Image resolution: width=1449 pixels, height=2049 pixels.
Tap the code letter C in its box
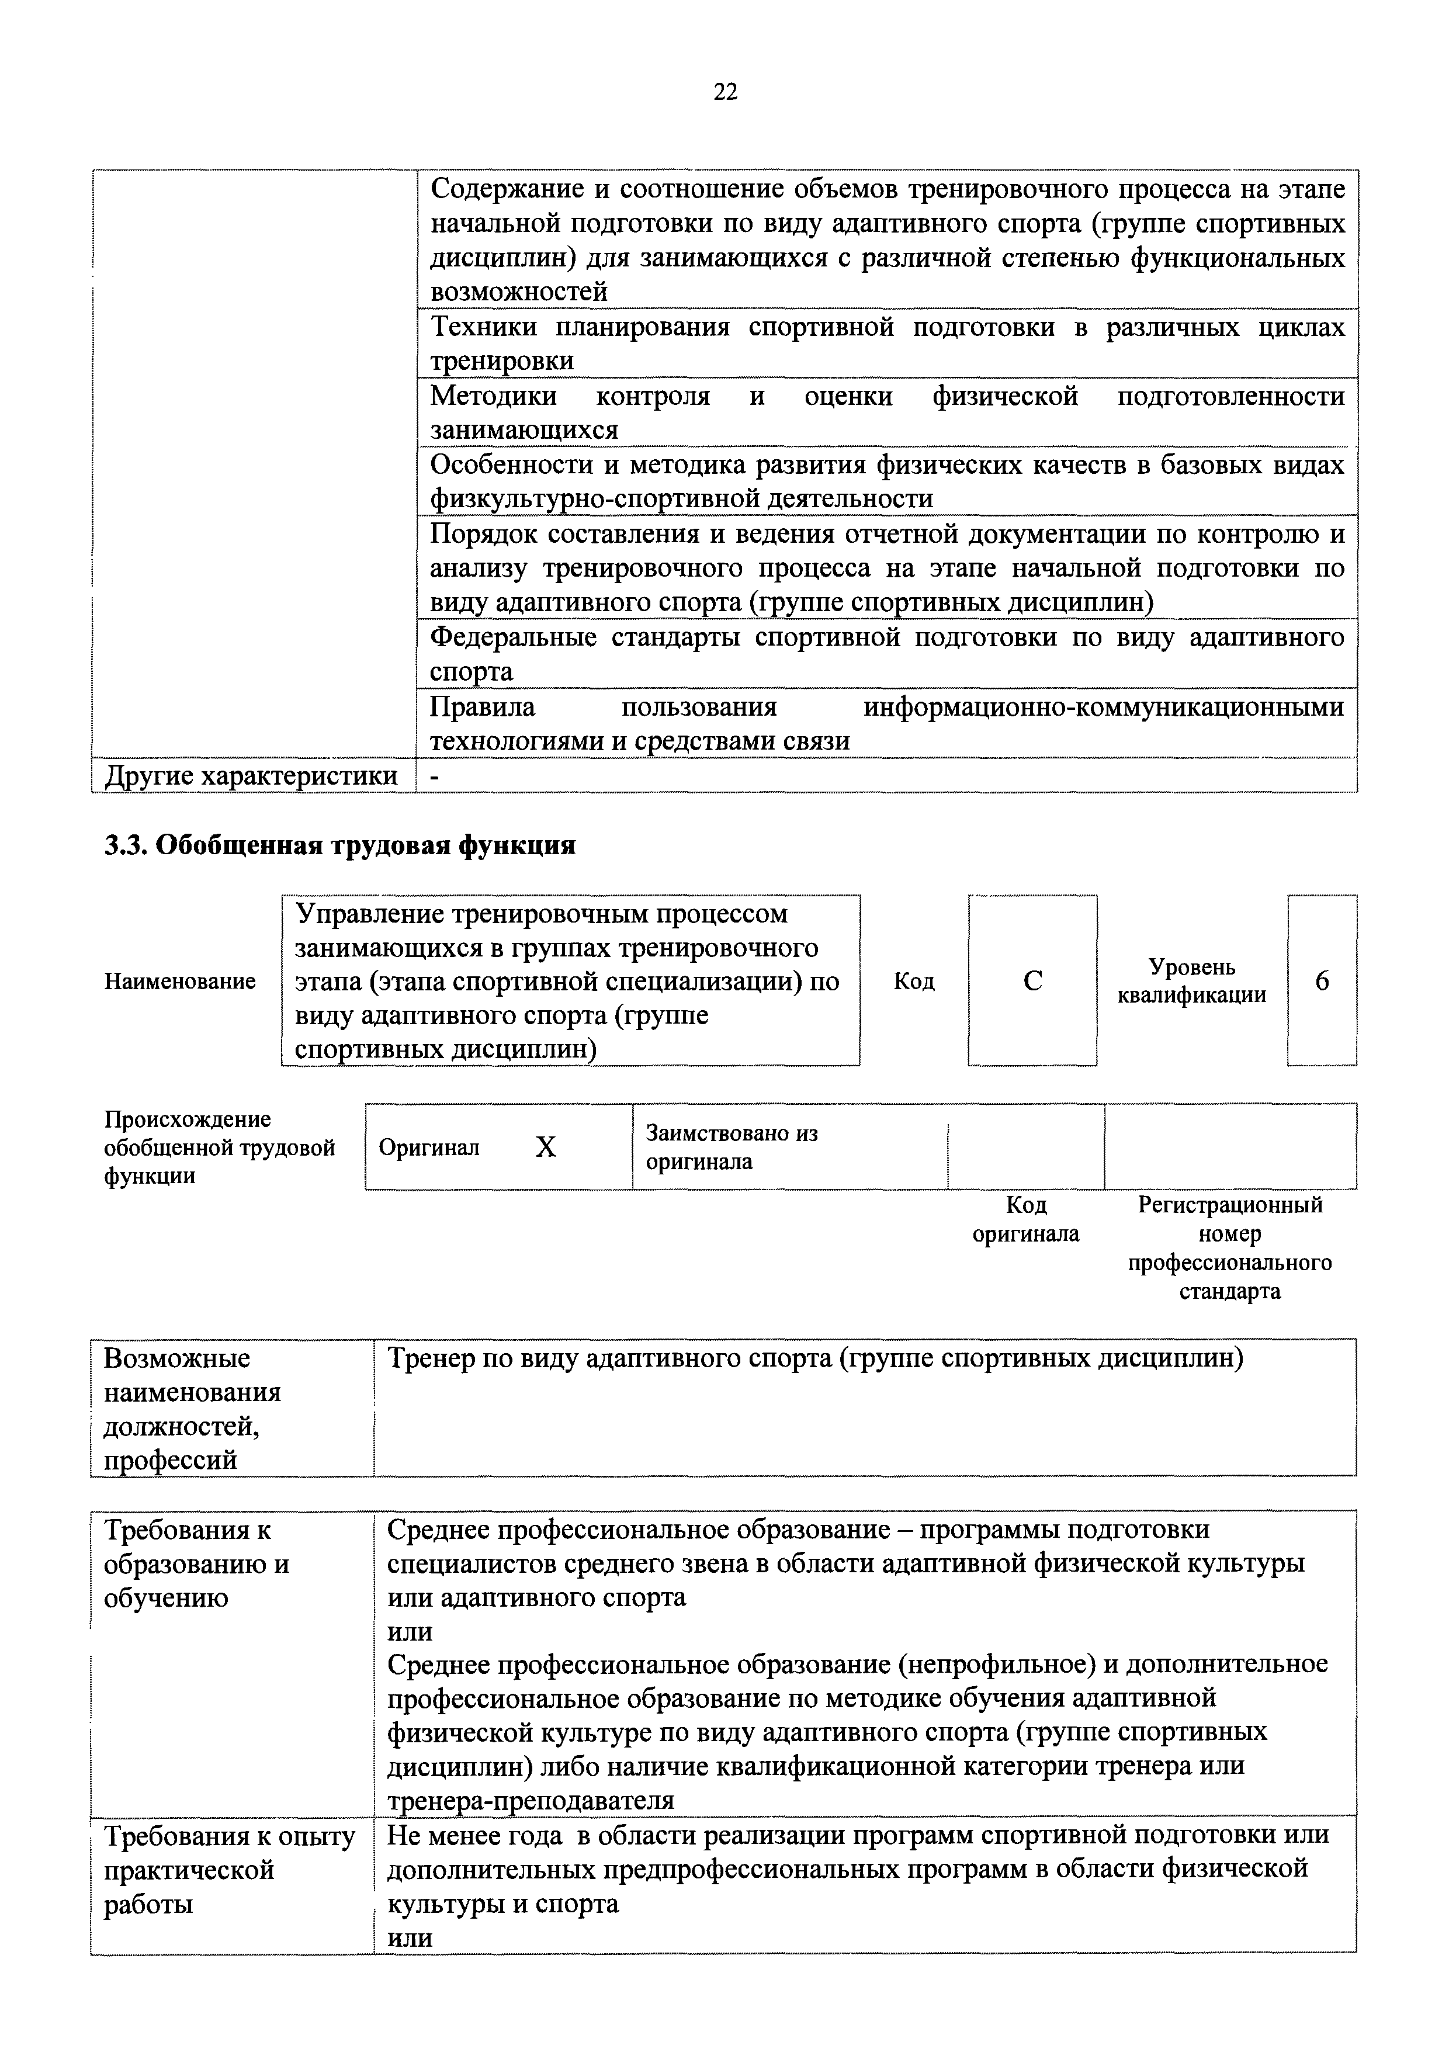[1032, 981]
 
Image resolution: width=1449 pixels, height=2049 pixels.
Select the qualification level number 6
[1322, 981]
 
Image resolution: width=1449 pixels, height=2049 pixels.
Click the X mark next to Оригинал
[545, 1147]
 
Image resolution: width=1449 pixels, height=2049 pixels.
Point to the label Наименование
[180, 982]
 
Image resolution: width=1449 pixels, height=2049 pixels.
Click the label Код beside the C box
[914, 982]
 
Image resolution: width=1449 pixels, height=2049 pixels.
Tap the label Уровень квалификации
[1192, 981]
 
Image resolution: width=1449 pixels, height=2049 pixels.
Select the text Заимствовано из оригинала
[732, 1147]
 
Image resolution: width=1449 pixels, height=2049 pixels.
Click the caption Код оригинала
[1026, 1220]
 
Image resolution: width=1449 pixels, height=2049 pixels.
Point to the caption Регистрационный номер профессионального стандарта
[1229, 1247]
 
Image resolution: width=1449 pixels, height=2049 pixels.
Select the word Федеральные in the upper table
[514, 637]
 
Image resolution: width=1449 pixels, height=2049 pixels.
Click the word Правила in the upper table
[483, 707]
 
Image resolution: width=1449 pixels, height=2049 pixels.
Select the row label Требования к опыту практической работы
[229, 1870]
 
